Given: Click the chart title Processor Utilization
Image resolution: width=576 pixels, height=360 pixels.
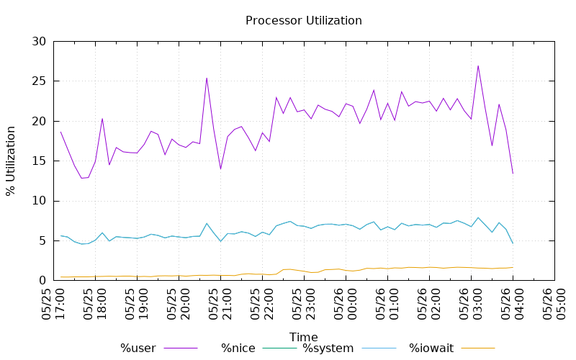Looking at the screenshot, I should point(303,21).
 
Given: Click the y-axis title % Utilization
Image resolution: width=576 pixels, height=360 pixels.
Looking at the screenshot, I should point(11,161).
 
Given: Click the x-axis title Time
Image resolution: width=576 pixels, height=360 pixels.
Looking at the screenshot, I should point(303,337).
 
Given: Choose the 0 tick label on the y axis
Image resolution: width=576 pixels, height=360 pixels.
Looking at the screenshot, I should point(44,280).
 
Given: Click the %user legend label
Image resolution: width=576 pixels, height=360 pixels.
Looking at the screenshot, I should point(138,348).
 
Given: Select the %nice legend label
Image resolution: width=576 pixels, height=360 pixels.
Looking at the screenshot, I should point(238,348).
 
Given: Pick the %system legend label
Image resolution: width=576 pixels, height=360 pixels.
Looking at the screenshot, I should point(328,348).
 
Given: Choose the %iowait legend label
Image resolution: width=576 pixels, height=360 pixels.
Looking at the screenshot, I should point(431,348).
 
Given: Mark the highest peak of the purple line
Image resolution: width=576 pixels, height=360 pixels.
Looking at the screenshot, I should point(478,66).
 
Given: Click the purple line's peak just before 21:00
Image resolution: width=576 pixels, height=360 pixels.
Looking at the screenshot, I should point(207,78).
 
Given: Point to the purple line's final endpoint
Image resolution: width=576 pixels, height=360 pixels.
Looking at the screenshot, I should point(513,174).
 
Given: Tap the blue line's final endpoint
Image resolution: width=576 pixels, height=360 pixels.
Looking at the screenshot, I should point(513,243).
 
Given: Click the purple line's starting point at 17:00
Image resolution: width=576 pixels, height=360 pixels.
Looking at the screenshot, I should point(60,132).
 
